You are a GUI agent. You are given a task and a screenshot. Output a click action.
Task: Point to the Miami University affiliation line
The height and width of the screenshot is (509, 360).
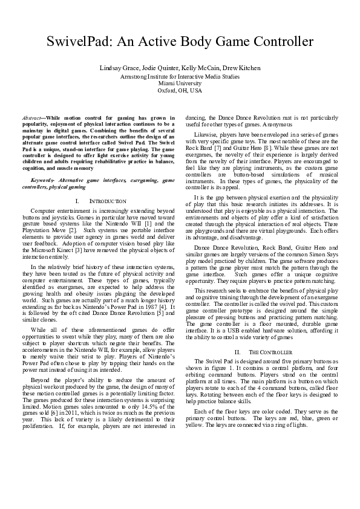point(180,83)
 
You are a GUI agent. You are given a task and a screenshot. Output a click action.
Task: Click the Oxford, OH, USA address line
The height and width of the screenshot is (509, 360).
point(180,90)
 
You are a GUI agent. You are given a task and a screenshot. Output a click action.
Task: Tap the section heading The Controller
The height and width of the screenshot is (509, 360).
point(260,351)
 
